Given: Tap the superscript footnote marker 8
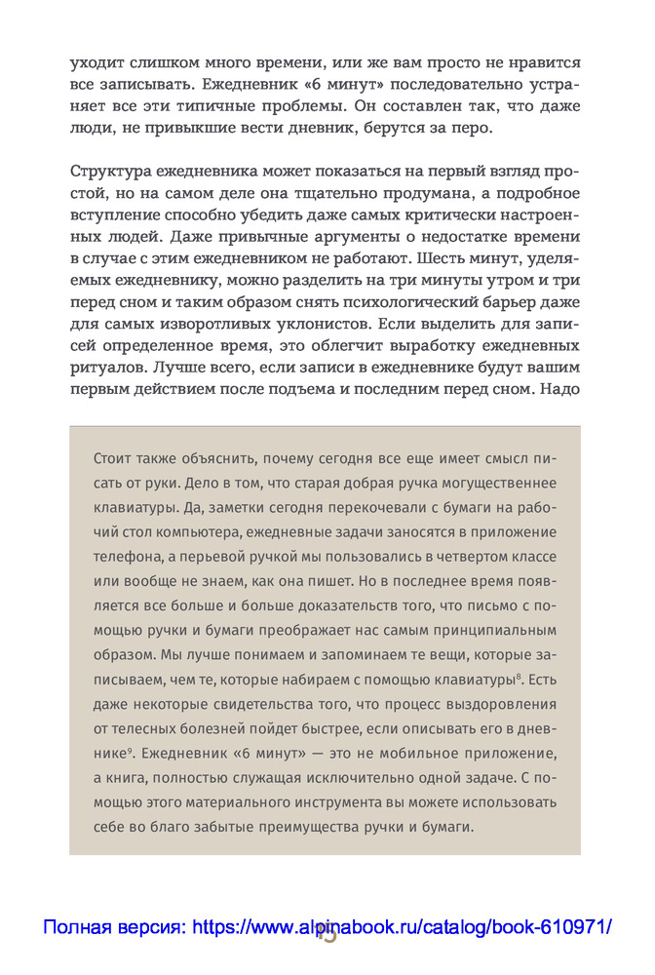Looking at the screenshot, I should [520, 674].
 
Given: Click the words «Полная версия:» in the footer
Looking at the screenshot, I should [115, 928].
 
